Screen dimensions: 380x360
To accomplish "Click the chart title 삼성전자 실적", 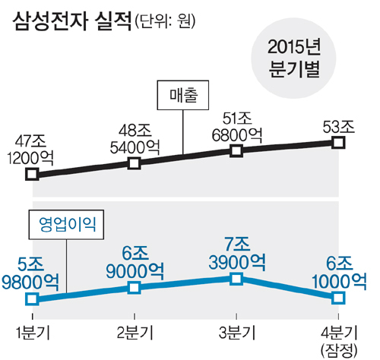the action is (72, 22).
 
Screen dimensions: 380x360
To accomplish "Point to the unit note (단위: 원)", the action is (165, 22).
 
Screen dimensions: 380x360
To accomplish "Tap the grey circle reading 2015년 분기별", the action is (293, 57).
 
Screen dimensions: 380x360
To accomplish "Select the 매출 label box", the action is (183, 95).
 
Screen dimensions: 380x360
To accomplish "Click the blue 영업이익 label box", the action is (66, 224).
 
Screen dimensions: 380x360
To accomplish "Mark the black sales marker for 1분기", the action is (32, 174).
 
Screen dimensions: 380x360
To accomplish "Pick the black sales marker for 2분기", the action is (135, 163).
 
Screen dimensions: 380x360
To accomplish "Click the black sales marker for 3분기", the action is (236, 151).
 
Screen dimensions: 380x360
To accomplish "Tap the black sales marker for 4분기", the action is (339, 143).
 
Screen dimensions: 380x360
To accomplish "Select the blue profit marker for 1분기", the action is (32, 299).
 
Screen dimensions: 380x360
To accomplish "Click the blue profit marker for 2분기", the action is (135, 288).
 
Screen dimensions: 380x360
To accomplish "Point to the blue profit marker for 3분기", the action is (236, 279).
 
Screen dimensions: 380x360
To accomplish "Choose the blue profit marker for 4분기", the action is (339, 298).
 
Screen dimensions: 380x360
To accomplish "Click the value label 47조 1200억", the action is (30, 150).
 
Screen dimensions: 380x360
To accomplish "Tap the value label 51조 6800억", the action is (237, 128).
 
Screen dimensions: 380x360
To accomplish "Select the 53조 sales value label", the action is (339, 127).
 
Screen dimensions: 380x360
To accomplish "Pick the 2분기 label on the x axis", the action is (135, 333).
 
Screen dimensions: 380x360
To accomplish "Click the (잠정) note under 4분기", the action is (339, 351).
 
